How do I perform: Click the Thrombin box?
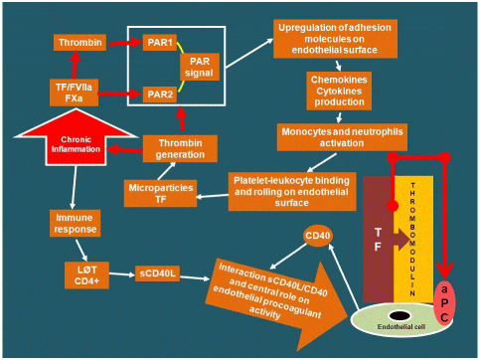coord(80,44)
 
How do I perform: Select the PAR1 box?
coord(154,44)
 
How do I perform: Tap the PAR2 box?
coord(154,93)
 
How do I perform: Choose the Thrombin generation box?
coord(181,148)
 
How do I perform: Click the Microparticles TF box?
coord(157,193)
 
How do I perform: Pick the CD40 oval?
coord(317,237)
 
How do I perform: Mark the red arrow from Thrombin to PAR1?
coord(120,44)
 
